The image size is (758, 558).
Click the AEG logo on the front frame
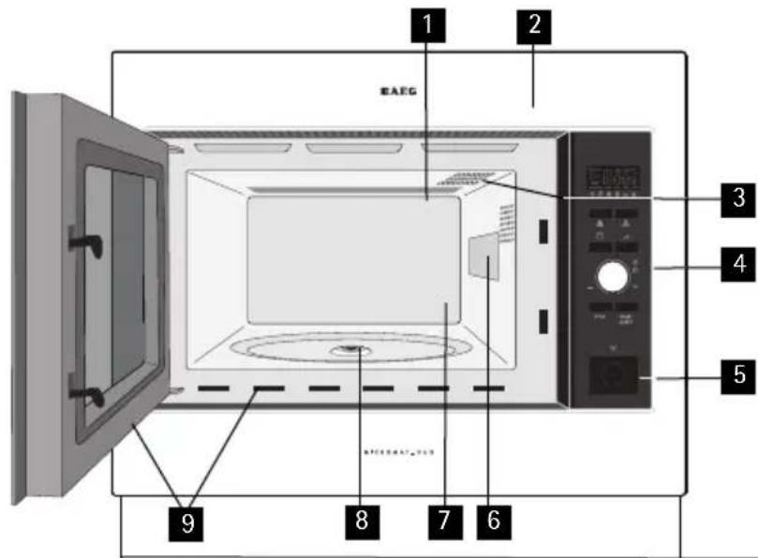click(397, 93)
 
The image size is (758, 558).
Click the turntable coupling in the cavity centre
click(352, 350)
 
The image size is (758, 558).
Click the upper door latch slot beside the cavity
click(543, 229)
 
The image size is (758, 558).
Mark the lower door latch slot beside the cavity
click(543, 320)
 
